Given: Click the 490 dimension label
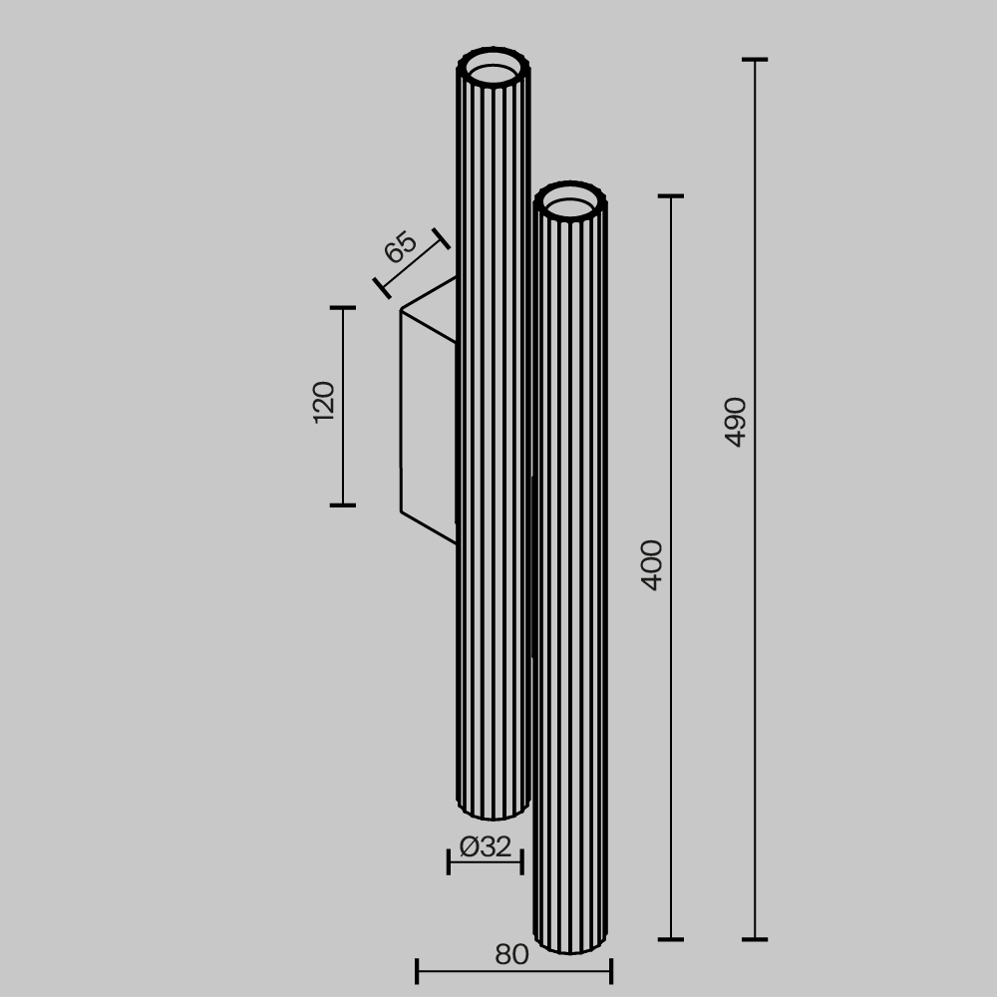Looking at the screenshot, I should coord(736,421).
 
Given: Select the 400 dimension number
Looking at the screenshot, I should coord(652,564).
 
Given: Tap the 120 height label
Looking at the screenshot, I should coord(324,402).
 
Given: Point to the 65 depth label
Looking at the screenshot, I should coord(401,247).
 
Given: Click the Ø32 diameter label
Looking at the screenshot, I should coord(486,847).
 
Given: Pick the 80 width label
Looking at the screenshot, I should coord(511,955).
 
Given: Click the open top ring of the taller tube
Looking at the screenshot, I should coord(494,71).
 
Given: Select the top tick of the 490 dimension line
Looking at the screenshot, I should coord(755,60).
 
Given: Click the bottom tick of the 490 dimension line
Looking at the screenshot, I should coord(755,939).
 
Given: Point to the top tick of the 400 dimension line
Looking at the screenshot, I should coord(671,196).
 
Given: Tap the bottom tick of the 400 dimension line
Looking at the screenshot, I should coord(671,939).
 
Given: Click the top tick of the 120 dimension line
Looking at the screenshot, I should coord(343,308).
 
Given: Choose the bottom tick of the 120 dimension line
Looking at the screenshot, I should coord(343,504).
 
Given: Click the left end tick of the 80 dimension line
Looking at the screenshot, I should coord(417,970).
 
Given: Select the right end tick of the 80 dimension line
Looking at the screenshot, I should coord(610,970).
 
